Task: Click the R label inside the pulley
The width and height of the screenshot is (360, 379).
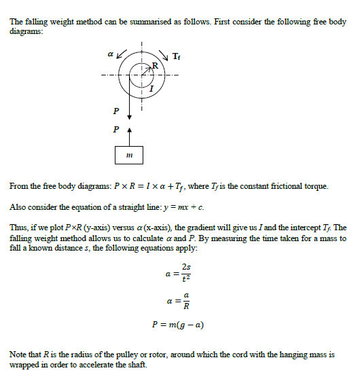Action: (x=155, y=65)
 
